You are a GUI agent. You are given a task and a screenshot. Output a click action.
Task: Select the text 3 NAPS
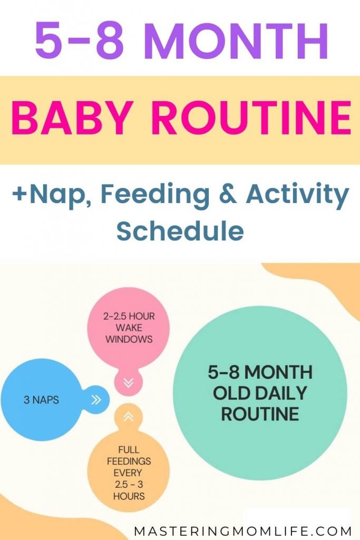tap(41, 400)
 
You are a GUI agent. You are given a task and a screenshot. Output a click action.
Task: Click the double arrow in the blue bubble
tap(96, 400)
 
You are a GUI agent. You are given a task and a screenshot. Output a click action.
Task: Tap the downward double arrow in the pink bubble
tap(129, 383)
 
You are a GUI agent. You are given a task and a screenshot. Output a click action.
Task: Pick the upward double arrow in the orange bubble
tap(129, 417)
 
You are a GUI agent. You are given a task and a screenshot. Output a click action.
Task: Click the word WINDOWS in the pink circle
tap(129, 339)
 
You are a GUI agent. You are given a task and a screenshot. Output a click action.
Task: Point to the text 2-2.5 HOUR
tap(129, 316)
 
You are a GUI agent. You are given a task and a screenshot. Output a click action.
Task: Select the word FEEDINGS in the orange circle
tap(129, 461)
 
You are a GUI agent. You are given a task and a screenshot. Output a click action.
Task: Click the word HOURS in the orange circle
tap(129, 496)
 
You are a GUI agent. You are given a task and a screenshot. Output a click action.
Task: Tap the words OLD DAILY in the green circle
tap(260, 393)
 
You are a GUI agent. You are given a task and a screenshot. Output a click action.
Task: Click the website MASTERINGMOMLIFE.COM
tap(243, 531)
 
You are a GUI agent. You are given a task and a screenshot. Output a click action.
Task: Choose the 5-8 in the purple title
tap(80, 41)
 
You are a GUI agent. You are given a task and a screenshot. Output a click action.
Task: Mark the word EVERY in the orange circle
tap(128, 473)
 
